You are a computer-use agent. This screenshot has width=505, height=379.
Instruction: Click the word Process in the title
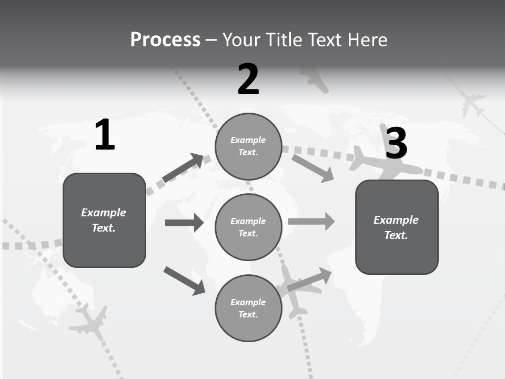[165, 40]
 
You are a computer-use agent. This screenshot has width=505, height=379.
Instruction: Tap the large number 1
[105, 135]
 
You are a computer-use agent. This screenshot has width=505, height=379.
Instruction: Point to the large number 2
[248, 79]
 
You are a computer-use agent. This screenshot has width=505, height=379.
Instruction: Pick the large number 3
[396, 144]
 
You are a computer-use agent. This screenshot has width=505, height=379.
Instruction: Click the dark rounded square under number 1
[104, 220]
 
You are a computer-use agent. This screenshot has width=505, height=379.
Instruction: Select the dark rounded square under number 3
[397, 227]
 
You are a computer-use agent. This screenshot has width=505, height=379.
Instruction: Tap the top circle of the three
[248, 146]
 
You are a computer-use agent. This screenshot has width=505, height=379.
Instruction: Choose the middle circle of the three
[248, 227]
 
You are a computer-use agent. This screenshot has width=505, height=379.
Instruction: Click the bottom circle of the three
[248, 308]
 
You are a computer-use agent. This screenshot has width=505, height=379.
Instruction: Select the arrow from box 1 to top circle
[183, 168]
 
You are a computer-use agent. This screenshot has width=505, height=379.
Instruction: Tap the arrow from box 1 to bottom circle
[184, 281]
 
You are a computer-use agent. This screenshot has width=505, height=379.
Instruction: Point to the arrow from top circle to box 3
[313, 168]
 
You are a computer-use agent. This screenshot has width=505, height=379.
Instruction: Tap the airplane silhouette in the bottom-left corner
[89, 322]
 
